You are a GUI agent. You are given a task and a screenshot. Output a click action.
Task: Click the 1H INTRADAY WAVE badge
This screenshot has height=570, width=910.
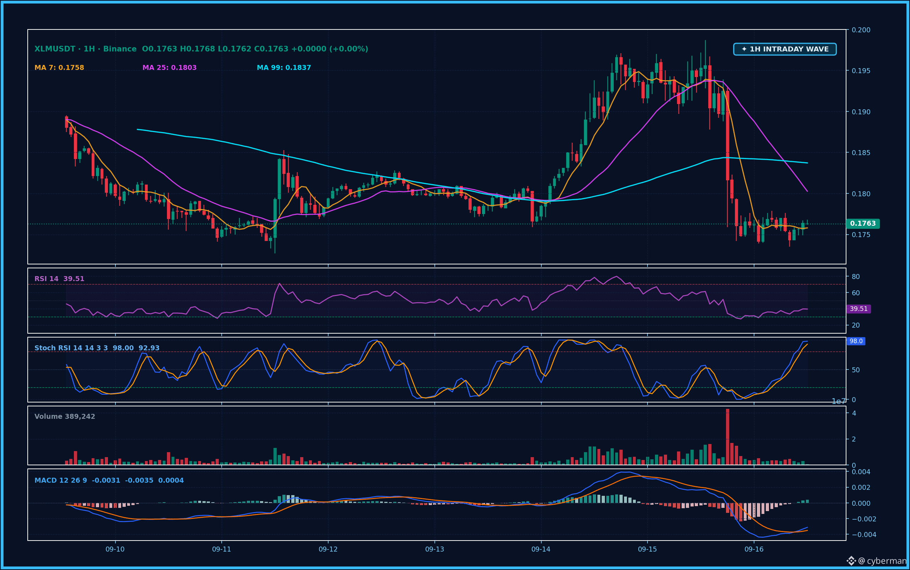click(x=785, y=49)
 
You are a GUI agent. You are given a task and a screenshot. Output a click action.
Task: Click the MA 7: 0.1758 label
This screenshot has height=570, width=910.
click(x=59, y=68)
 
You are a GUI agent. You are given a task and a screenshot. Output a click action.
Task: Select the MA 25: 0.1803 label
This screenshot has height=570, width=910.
click(x=169, y=68)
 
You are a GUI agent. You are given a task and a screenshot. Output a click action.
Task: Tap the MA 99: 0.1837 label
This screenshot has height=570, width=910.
click(x=284, y=68)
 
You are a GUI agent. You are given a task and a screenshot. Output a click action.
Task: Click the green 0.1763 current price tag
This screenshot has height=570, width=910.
click(x=863, y=224)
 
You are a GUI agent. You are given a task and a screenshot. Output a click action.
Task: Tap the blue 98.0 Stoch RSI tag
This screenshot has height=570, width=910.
click(x=856, y=341)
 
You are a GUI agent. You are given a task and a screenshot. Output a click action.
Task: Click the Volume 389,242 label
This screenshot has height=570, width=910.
click(x=65, y=417)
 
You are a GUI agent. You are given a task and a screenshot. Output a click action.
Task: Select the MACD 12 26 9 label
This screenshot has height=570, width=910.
click(x=61, y=481)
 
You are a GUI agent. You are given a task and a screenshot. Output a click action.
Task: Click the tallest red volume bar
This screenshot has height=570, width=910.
click(x=727, y=437)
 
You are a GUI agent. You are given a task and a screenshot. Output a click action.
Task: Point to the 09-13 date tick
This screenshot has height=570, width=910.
click(x=435, y=549)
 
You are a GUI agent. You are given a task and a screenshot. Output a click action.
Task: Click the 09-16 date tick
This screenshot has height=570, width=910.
click(x=754, y=549)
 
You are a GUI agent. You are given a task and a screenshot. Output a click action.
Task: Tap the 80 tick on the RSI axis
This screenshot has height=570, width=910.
click(x=856, y=277)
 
